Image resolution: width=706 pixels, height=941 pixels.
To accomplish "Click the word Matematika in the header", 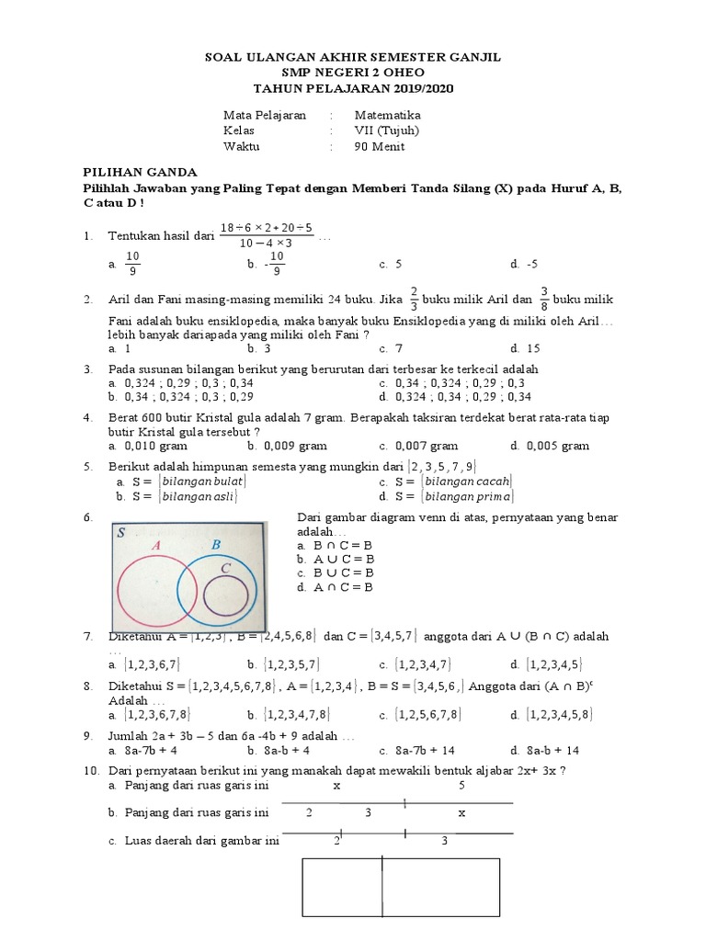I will tap(387, 115).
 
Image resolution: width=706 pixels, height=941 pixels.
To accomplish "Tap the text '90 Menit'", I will tap(380, 146).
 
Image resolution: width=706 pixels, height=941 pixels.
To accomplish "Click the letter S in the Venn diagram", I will tap(121, 532).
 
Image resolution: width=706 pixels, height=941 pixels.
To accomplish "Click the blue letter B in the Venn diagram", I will tap(216, 544).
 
